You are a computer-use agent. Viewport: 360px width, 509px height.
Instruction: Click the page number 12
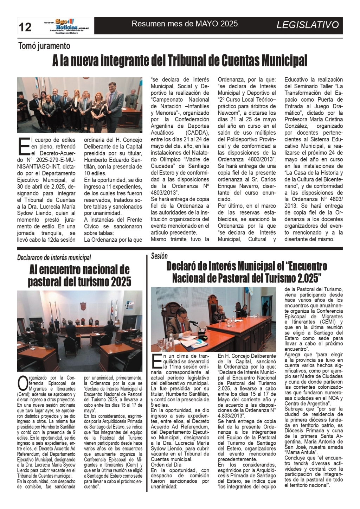(x=25, y=27)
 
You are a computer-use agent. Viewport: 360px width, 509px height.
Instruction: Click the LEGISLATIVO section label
(x=308, y=25)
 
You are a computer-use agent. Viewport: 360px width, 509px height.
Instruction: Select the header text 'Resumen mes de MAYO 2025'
(x=185, y=24)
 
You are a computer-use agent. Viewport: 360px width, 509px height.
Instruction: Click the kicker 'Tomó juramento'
(x=44, y=46)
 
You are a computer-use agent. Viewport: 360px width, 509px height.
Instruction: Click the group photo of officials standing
(x=80, y=105)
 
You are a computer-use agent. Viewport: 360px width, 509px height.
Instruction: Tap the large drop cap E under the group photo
(x=24, y=146)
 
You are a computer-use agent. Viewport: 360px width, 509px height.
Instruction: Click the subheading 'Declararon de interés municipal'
(x=54, y=258)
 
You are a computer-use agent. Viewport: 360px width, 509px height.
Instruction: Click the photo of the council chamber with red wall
(x=80, y=330)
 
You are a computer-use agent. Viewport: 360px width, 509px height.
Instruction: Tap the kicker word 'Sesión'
(x=159, y=256)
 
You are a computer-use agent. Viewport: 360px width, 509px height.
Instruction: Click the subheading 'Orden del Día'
(x=166, y=465)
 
